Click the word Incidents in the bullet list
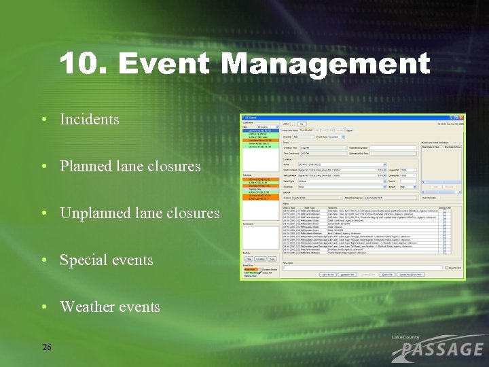(89, 120)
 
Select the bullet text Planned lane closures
(130, 167)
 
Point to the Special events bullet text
(106, 260)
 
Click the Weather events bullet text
(109, 307)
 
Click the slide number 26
(46, 347)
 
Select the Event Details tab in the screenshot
(307, 129)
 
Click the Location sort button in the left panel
(261, 259)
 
